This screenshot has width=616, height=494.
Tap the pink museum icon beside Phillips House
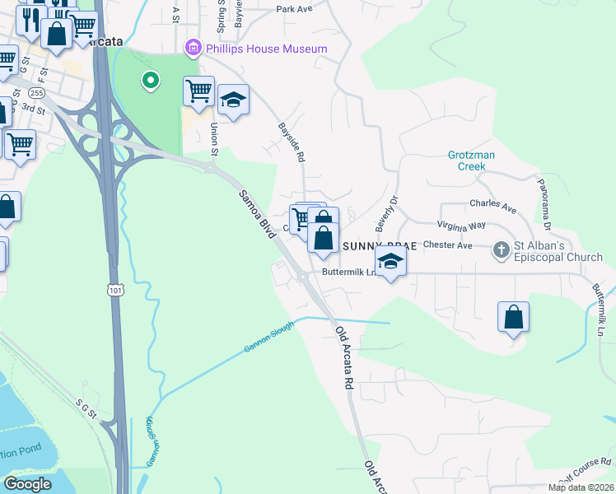point(194,49)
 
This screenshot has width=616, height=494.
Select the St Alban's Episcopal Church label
point(558,251)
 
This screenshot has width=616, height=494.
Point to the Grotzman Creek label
point(467,160)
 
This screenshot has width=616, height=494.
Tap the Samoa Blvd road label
point(255,215)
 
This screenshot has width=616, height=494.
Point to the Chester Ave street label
point(447,245)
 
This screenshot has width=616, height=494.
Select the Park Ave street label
point(295,9)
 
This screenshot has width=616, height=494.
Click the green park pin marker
point(150,81)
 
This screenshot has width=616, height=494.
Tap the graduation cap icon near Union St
point(234,101)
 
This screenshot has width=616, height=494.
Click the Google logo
point(27,484)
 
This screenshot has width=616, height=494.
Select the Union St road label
point(214,138)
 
